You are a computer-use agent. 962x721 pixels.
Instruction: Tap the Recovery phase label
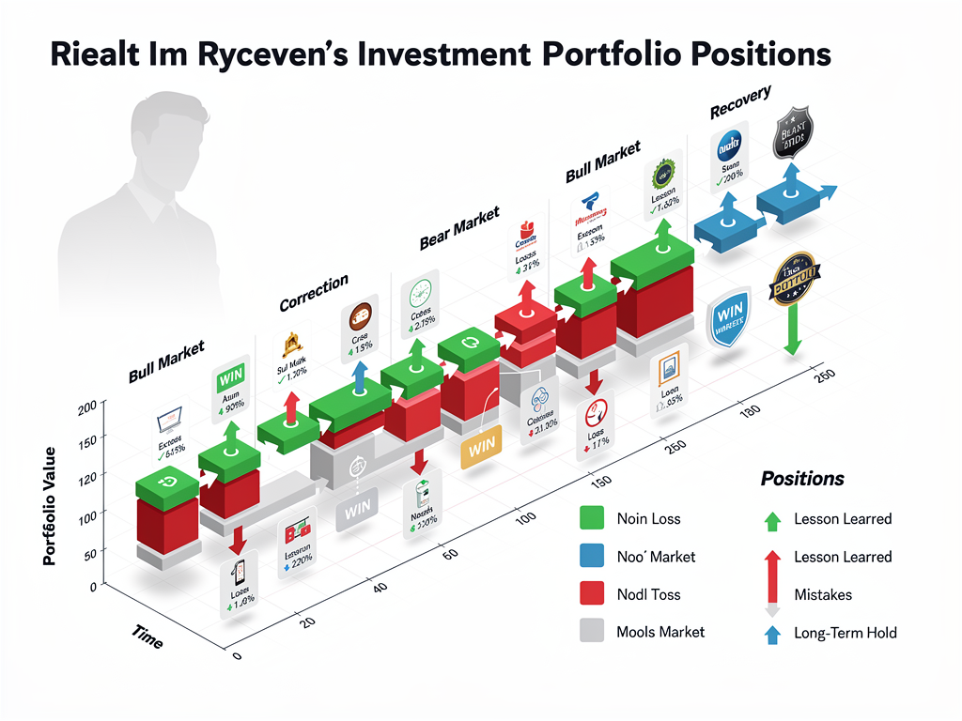pyautogui.click(x=740, y=100)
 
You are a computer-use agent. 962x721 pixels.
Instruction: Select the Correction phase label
pyautogui.click(x=314, y=291)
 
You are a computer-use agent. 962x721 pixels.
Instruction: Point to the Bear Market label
pyautogui.click(x=458, y=228)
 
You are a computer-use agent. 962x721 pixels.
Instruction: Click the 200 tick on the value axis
pyautogui.click(x=86, y=406)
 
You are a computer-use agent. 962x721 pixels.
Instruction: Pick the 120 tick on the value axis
pyautogui.click(x=85, y=477)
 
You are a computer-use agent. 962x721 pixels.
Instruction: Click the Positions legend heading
pyautogui.click(x=802, y=479)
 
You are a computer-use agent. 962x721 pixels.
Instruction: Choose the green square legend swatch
pyautogui.click(x=591, y=518)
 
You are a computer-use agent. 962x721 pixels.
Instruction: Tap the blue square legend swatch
pyautogui.click(x=591, y=556)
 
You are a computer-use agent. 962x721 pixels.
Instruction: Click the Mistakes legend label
pyautogui.click(x=823, y=594)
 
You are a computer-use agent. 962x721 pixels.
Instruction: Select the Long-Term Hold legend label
pyautogui.click(x=845, y=633)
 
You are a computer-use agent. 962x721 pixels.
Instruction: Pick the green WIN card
pyautogui.click(x=230, y=381)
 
